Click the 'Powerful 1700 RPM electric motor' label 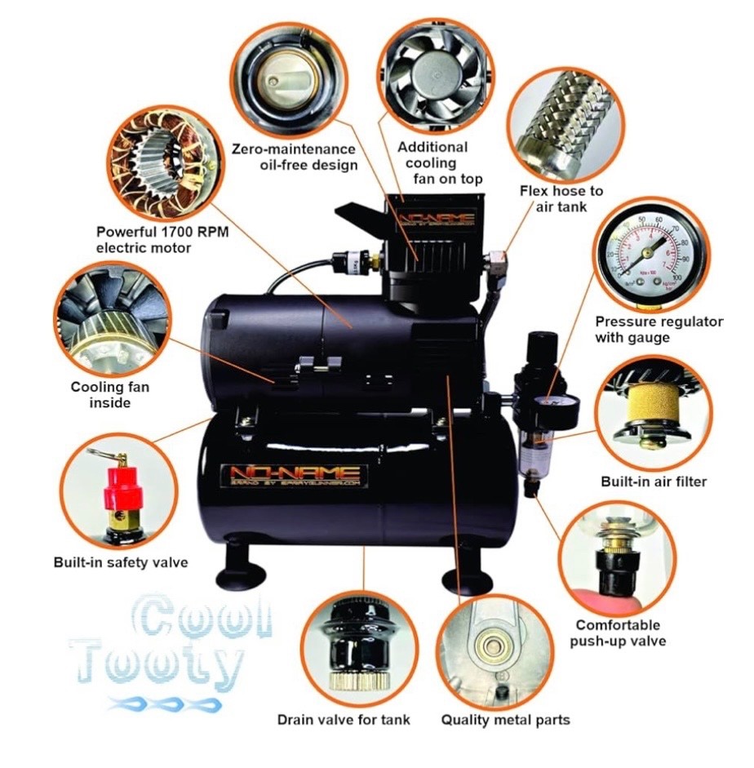162,239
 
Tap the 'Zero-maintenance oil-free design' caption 294,158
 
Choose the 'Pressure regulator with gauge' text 659,329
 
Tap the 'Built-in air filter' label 653,482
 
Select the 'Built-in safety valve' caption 120,562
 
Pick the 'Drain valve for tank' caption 344,719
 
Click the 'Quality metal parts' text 505,719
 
